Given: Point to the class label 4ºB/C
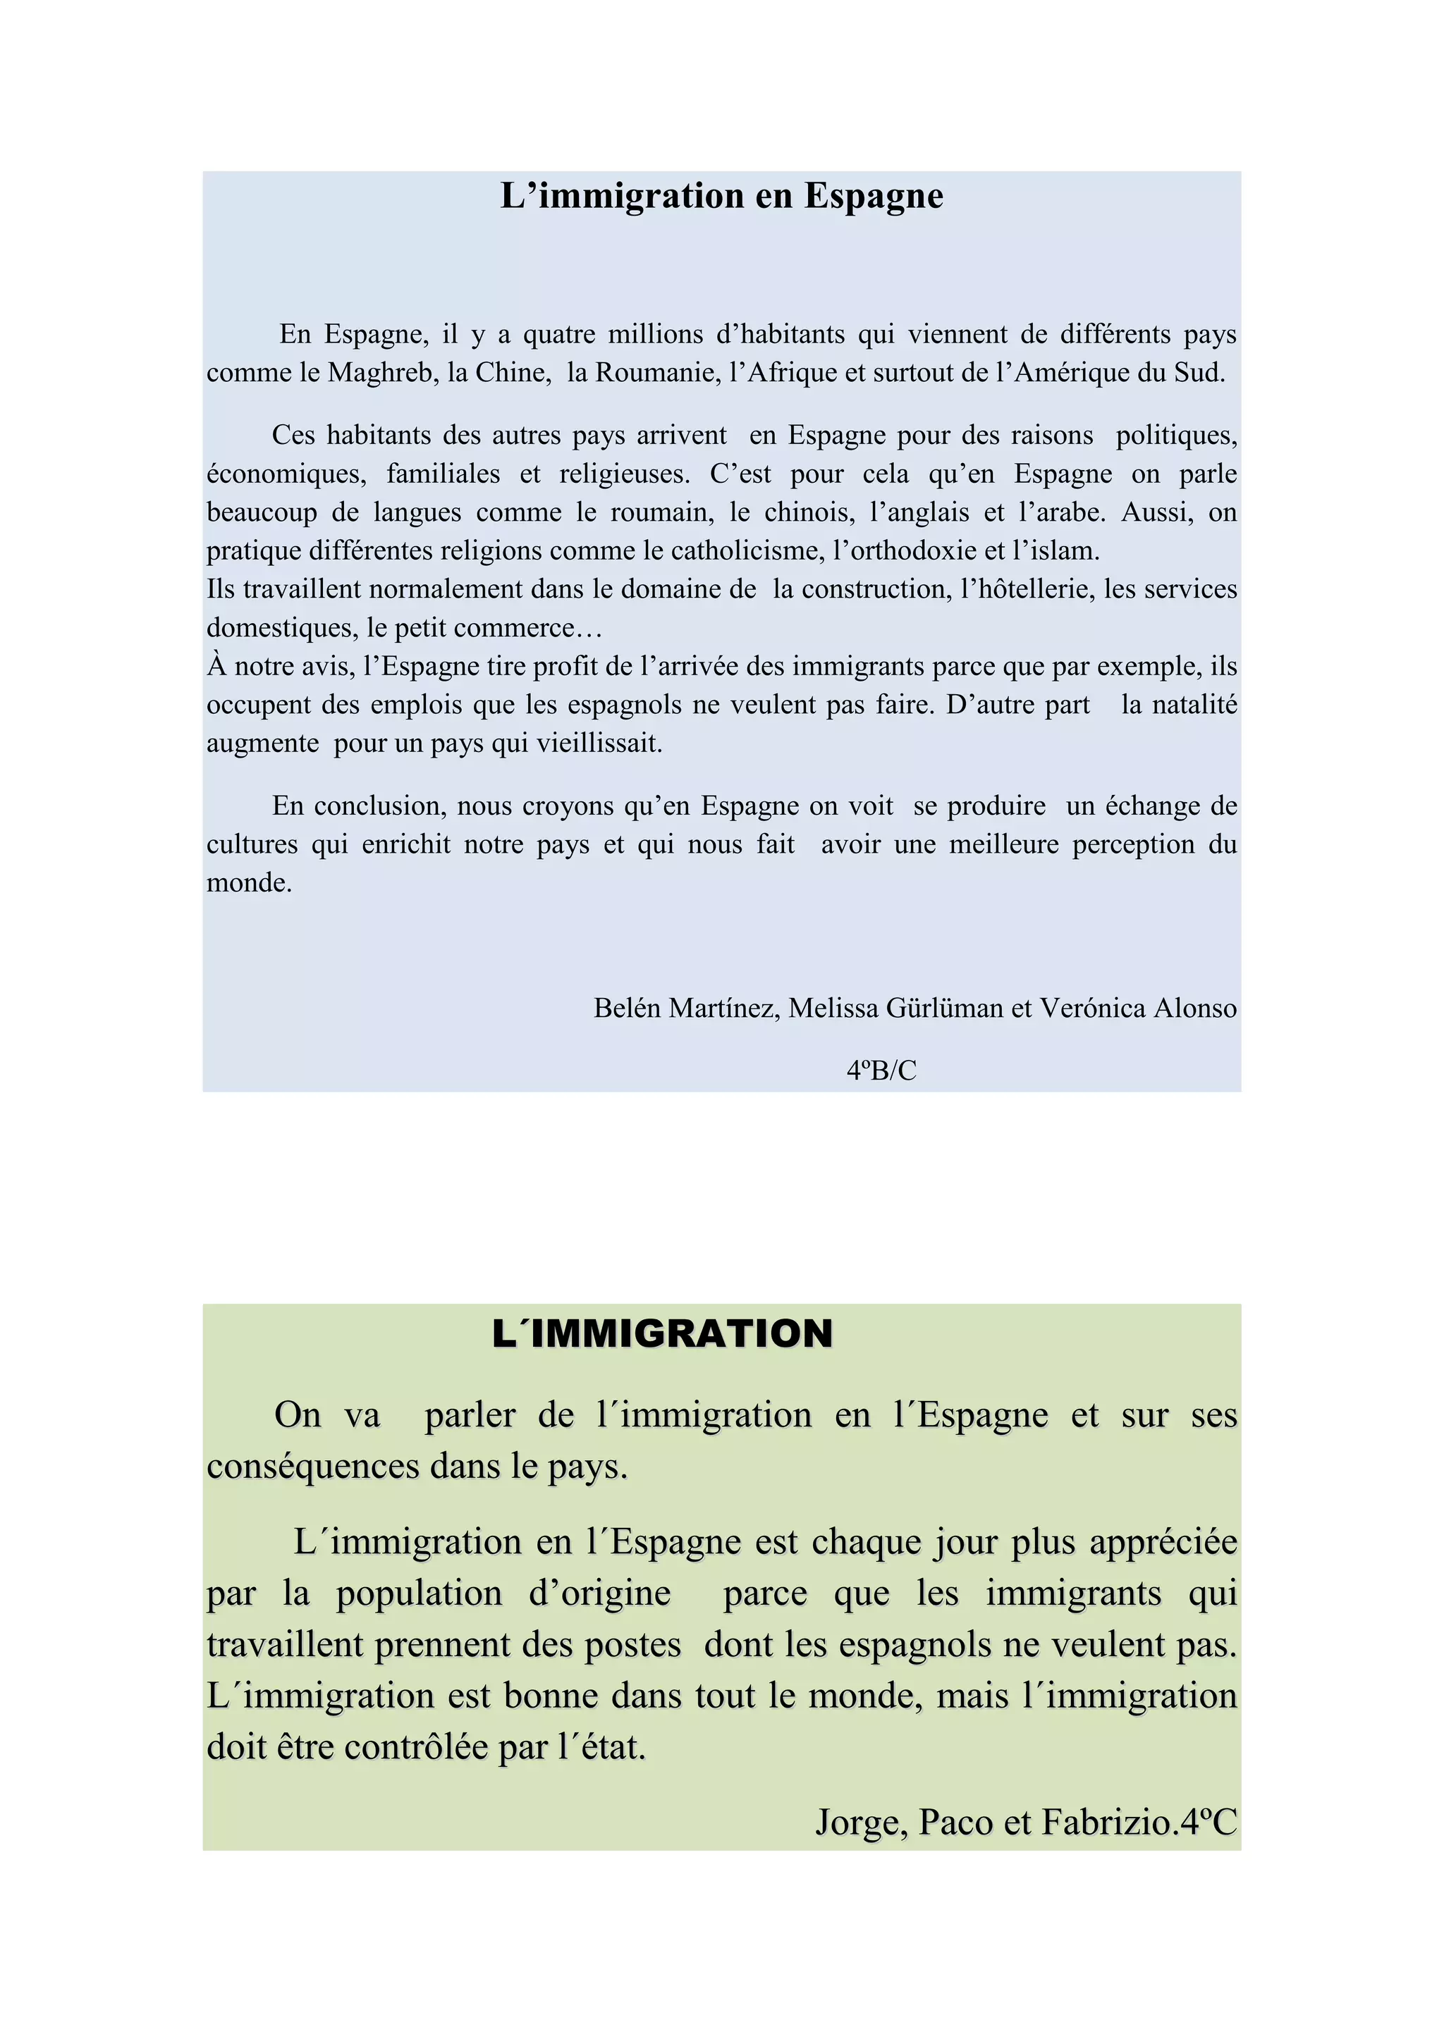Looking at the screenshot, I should click(x=881, y=1071).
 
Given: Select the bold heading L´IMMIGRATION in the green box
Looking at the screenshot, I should click(x=663, y=1333).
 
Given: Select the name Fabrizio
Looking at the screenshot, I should click(x=1108, y=1823).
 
